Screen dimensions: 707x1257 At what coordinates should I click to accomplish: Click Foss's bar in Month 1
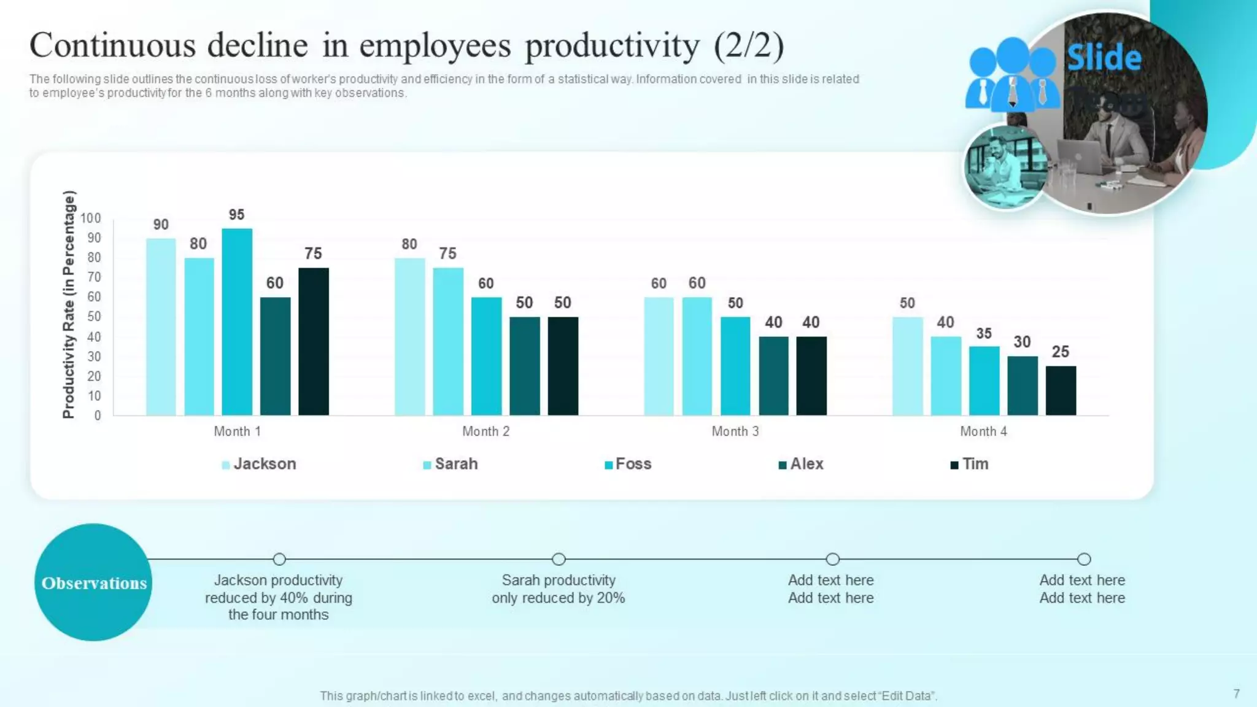tap(237, 322)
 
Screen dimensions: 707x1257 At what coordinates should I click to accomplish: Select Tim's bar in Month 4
tap(1061, 391)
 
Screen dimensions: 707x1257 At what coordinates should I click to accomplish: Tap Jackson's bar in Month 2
tap(409, 336)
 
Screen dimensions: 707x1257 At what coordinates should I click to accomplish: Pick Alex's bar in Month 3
tap(773, 376)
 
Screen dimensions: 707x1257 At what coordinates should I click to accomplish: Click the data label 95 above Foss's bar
tap(236, 215)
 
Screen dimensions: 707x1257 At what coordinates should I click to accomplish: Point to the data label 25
tap(1060, 352)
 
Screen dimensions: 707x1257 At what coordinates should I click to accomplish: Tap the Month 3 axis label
tap(735, 431)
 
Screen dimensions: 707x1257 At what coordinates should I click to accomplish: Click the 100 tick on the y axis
tap(90, 218)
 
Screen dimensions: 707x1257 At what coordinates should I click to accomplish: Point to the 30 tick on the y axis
tap(94, 357)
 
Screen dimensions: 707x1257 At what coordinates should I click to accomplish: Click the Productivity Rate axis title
tap(69, 304)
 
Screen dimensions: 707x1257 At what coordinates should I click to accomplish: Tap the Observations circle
tap(93, 582)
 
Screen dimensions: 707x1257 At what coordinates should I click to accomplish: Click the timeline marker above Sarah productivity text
tap(558, 559)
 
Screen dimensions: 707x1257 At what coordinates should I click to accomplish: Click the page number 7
tap(1236, 693)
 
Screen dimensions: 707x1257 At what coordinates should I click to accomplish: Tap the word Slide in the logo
tap(1104, 58)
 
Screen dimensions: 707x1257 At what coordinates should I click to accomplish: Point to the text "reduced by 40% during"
tap(278, 598)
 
